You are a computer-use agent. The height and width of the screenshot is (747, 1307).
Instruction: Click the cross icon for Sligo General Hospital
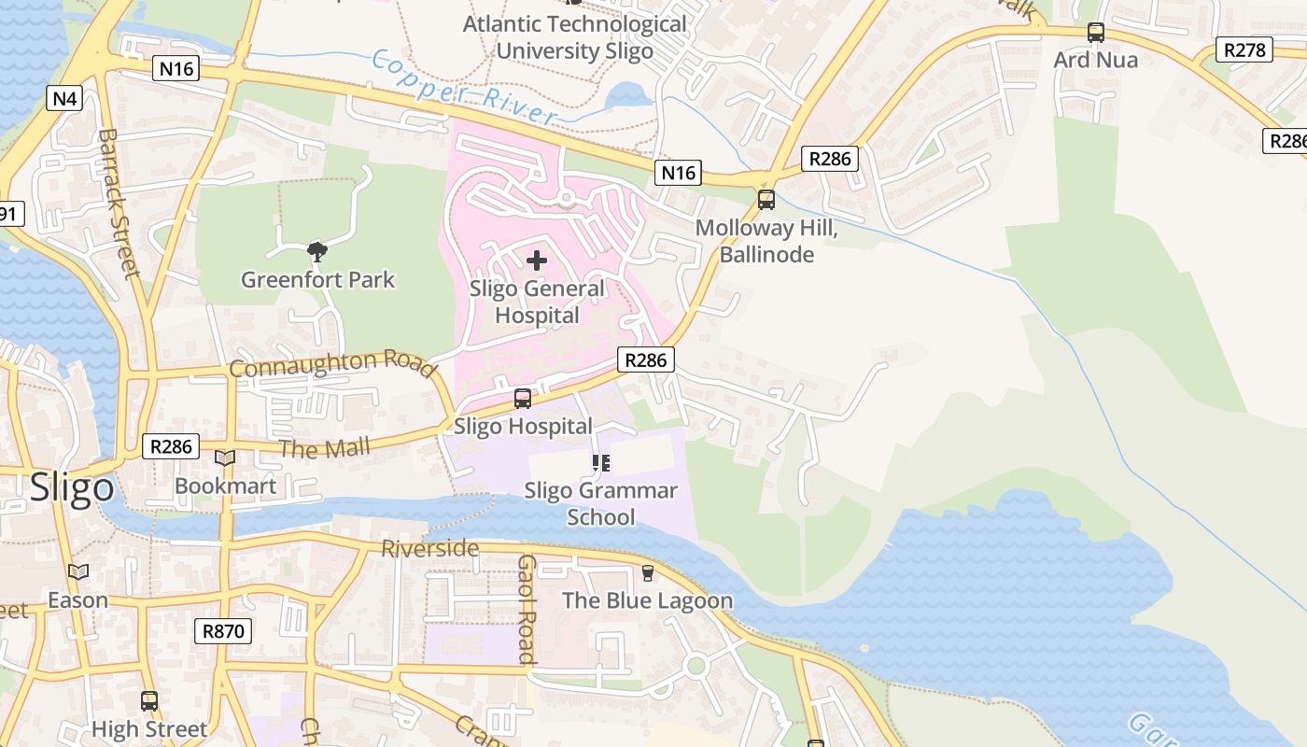pyautogui.click(x=537, y=261)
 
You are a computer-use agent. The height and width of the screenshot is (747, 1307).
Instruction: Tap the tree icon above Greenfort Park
pyautogui.click(x=317, y=250)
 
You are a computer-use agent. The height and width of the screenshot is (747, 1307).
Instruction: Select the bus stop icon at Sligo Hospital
pyautogui.click(x=523, y=399)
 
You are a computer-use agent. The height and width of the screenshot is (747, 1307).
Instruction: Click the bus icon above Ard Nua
pyautogui.click(x=1096, y=33)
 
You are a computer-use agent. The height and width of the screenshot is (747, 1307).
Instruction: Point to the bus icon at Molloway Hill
pyautogui.click(x=766, y=199)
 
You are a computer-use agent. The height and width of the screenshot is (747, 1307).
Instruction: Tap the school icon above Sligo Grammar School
pyautogui.click(x=601, y=462)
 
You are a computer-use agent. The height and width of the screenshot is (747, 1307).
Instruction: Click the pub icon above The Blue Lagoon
pyautogui.click(x=648, y=572)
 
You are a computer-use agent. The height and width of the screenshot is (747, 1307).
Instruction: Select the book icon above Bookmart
pyautogui.click(x=225, y=458)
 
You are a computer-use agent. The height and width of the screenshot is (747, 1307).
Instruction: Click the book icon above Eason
pyautogui.click(x=78, y=571)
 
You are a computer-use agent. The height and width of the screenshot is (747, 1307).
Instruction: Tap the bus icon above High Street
pyautogui.click(x=149, y=700)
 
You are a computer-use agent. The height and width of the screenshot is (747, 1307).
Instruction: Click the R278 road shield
pyautogui.click(x=1244, y=49)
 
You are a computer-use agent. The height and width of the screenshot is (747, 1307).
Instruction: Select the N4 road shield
pyautogui.click(x=64, y=97)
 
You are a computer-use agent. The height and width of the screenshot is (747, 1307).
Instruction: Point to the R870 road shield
pyautogui.click(x=224, y=631)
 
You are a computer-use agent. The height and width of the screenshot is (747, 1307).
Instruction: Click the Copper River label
pyautogui.click(x=463, y=88)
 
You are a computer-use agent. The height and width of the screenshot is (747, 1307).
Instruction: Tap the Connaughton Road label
pyautogui.click(x=332, y=365)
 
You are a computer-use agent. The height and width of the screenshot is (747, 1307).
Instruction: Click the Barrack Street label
pyautogui.click(x=118, y=203)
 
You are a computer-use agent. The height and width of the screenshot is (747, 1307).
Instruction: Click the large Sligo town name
pyautogui.click(x=72, y=488)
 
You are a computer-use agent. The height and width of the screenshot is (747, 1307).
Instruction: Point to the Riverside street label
pyautogui.click(x=429, y=548)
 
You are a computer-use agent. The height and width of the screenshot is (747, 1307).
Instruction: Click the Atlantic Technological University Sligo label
pyautogui.click(x=574, y=37)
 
